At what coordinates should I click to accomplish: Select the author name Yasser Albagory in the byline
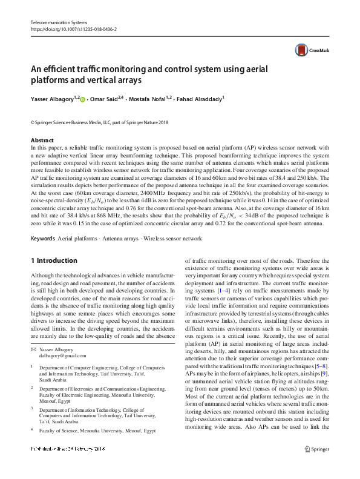(52, 98)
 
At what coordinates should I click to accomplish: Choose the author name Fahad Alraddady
(200, 98)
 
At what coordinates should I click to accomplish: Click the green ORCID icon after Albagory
(83, 98)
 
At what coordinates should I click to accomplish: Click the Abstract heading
(42, 140)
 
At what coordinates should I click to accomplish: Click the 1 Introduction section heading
(54, 260)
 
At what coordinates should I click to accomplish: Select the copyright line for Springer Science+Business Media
(99, 122)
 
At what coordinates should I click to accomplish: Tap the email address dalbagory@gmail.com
(63, 357)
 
